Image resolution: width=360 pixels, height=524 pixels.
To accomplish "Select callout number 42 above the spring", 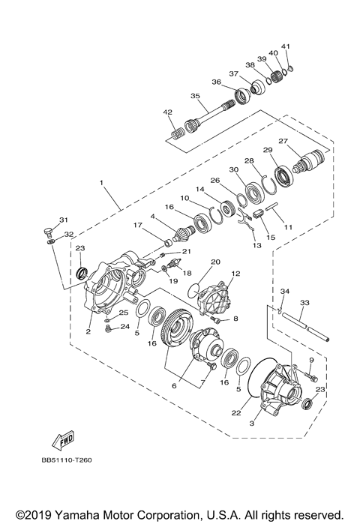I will point(168,113).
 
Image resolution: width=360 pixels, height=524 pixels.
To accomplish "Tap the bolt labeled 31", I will point(47,230).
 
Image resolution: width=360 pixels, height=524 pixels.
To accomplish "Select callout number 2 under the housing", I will point(88,330).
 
